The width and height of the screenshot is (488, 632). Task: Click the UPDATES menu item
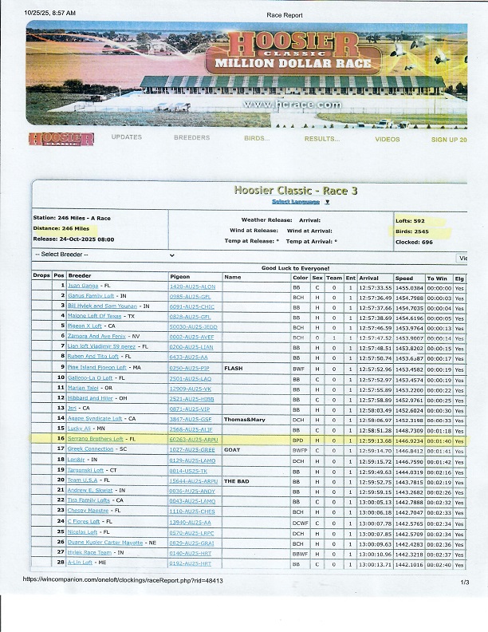tap(126, 138)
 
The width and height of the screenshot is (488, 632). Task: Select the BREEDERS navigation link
tap(191, 138)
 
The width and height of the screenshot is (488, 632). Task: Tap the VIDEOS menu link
tap(388, 139)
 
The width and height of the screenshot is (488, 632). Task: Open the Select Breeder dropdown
tap(104, 255)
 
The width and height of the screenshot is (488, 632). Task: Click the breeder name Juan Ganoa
tap(84, 286)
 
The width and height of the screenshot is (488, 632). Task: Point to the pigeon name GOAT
tap(232, 450)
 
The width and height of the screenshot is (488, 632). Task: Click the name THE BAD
tap(237, 481)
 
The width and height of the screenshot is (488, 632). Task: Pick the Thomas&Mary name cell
tap(243, 419)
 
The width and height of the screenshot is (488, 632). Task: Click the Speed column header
tap(404, 277)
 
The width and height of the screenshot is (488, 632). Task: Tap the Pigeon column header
tap(180, 277)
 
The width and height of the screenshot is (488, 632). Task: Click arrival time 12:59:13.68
tap(375, 439)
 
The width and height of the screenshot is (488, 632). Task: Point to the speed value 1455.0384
tap(409, 286)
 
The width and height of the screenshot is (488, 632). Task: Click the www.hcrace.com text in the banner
tap(277, 105)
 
